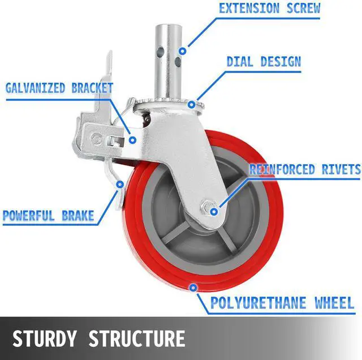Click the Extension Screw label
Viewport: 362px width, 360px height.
pyautogui.click(x=269, y=8)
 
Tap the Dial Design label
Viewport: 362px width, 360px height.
pyautogui.click(x=263, y=61)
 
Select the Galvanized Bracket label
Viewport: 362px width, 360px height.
pyautogui.click(x=59, y=88)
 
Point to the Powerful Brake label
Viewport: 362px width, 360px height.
pyautogui.click(x=48, y=216)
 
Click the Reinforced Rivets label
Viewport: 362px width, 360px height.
pyautogui.click(x=305, y=170)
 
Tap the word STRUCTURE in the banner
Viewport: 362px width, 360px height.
pyautogui.click(x=137, y=338)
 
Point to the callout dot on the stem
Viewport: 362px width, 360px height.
pyautogui.click(x=182, y=52)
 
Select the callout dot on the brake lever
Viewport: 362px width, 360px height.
pyautogui.click(x=118, y=183)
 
